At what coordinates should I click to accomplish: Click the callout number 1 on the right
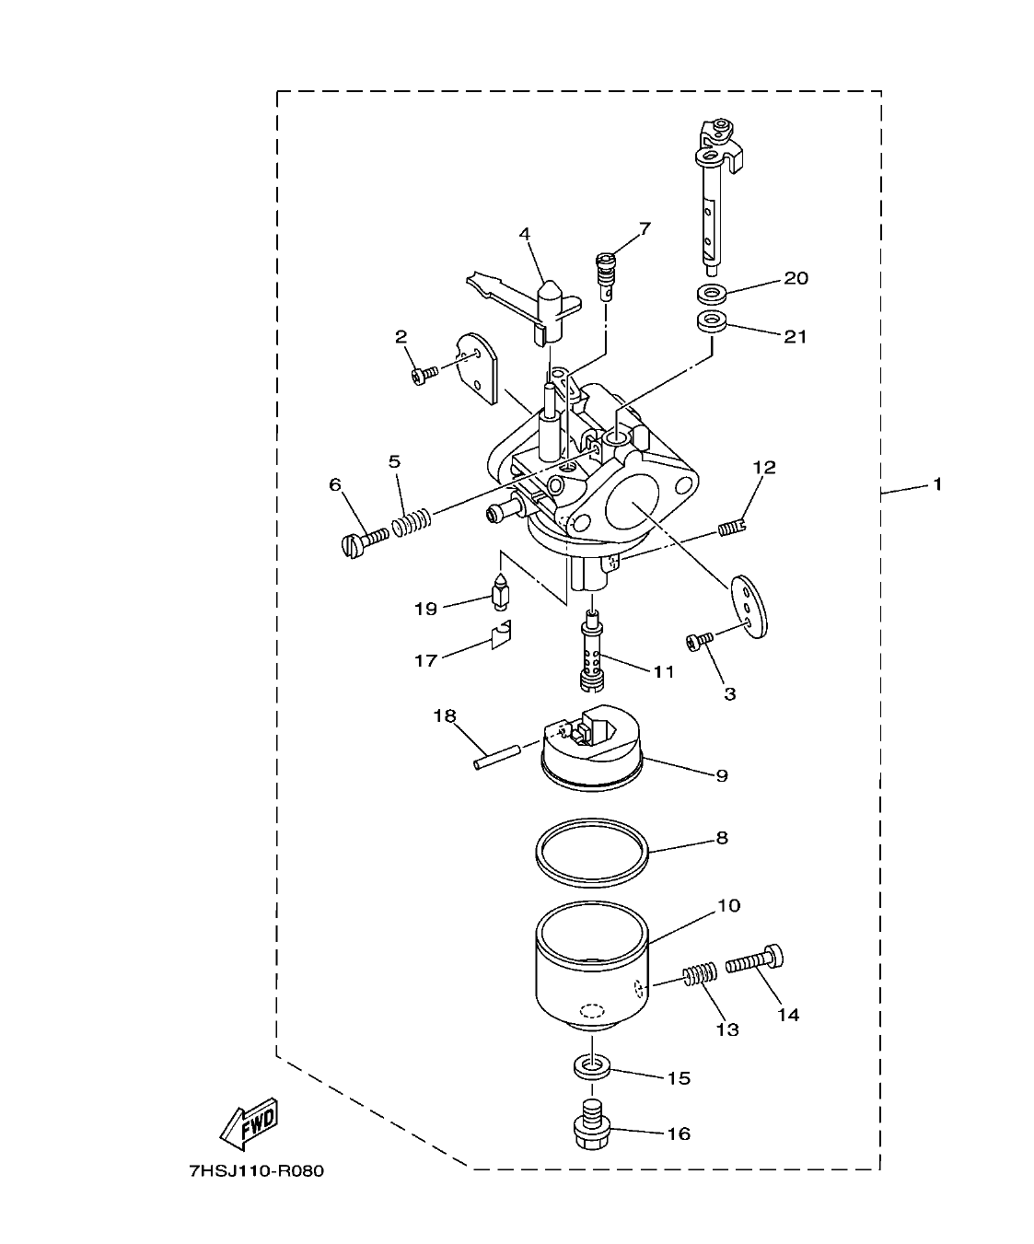click(x=937, y=483)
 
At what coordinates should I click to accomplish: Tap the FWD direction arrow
click(x=249, y=1124)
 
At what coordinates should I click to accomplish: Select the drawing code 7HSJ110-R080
click(x=256, y=1172)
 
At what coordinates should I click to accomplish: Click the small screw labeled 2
click(x=424, y=375)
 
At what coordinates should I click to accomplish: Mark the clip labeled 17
click(x=501, y=635)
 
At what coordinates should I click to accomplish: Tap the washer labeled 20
click(x=712, y=295)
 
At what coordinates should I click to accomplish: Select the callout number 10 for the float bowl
click(x=727, y=906)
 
